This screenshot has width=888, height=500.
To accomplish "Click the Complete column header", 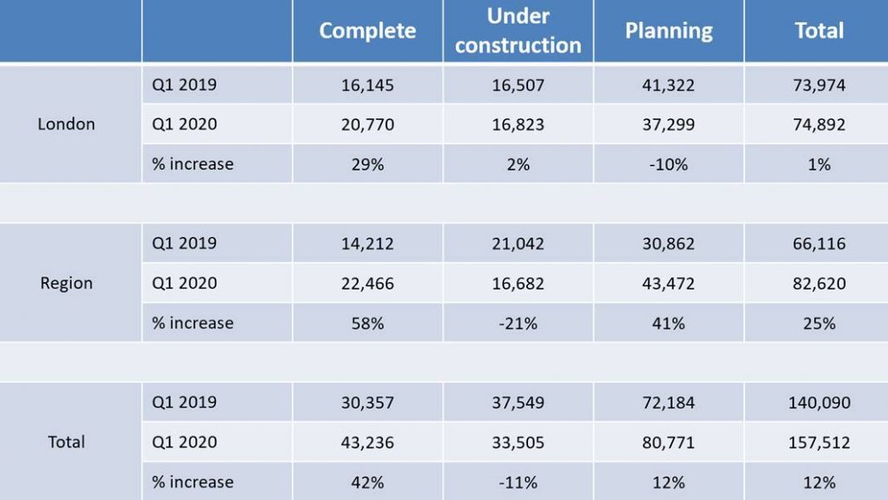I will pos(368,31).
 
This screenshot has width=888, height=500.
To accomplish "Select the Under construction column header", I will pos(518,31).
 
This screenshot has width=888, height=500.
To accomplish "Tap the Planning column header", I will pos(668,31).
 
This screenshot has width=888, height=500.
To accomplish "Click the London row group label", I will pos(67,124).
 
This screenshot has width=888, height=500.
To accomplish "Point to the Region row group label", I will pos(67,283).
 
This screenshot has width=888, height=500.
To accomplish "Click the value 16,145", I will pos(368,85).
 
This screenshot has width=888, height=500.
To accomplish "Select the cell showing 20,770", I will pos(368,125).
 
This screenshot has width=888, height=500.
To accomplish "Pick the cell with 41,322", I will pos(668,85).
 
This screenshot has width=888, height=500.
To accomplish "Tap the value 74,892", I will pos(819,125).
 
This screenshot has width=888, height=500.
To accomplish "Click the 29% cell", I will pos(368,164).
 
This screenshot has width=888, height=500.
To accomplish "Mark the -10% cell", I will pos(668,164).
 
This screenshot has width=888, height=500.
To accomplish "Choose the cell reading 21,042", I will pos(518,244).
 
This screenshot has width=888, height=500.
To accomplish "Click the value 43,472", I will pos(668,284).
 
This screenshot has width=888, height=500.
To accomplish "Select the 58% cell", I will pos(368,323).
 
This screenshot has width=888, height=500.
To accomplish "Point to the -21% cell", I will pos(518,323).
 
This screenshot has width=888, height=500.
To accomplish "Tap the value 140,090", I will pos(819,403).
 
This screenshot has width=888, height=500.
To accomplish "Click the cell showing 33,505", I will pos(518,443).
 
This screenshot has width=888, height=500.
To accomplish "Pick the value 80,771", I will pos(668,443).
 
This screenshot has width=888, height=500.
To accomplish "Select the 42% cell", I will pos(368,482).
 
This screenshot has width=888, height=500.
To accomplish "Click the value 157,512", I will pos(819,443).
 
